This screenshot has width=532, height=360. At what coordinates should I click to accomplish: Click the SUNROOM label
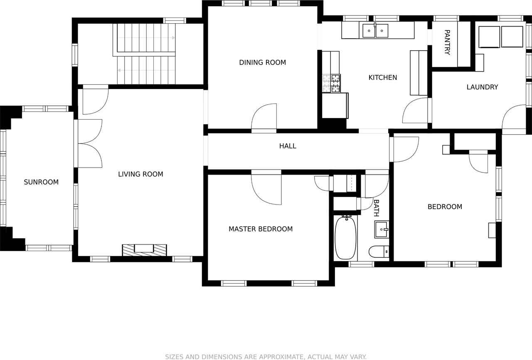[x=41, y=182]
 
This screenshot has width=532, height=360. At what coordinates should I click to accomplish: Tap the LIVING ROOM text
[x=140, y=174]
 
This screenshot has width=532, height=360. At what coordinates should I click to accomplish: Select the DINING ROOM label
[x=262, y=63]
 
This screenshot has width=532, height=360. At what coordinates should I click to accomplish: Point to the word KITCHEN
[x=382, y=77]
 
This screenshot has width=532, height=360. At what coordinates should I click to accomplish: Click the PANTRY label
[x=447, y=42]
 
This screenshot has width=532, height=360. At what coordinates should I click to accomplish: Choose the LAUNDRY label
[x=482, y=87]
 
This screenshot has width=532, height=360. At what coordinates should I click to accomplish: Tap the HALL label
[x=288, y=146]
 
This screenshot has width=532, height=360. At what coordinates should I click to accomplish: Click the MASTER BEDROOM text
[x=261, y=229]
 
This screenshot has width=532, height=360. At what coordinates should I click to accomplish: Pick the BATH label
[x=376, y=208]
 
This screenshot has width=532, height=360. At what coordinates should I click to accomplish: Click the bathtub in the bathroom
[x=345, y=238]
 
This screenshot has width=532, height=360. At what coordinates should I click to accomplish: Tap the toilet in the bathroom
[x=379, y=252]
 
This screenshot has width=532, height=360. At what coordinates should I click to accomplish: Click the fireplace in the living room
[x=144, y=249]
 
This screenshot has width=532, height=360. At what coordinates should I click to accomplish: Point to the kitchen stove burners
[x=331, y=83]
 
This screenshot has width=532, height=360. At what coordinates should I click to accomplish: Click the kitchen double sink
[x=375, y=31]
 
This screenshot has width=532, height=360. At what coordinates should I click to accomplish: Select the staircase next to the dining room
[x=145, y=54]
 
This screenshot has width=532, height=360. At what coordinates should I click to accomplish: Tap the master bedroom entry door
[x=266, y=188]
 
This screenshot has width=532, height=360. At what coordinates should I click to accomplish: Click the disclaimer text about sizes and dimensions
[x=266, y=357]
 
